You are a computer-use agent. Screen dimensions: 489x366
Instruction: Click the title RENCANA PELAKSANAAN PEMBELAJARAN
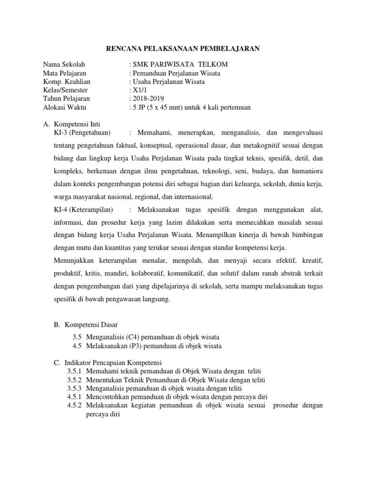point(183,48)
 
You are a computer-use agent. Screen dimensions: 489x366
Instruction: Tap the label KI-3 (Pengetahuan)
point(83,132)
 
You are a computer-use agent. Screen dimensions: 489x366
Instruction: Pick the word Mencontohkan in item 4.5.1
point(108,397)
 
